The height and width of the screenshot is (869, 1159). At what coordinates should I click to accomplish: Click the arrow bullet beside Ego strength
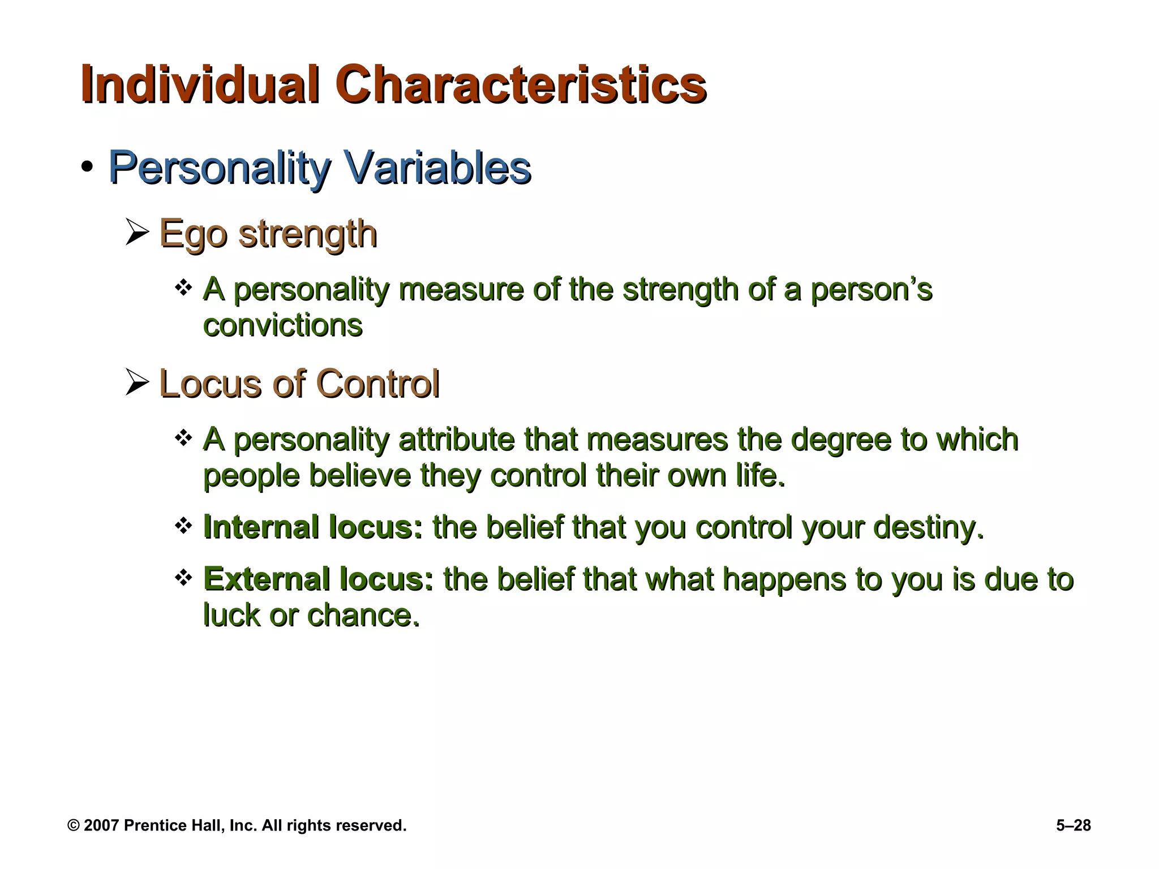pos(138,233)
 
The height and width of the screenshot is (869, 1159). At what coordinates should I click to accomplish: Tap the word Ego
pos(192,234)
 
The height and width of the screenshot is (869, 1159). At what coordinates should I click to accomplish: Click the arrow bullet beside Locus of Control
pos(138,383)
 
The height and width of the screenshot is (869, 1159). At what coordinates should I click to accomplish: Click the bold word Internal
pos(260,527)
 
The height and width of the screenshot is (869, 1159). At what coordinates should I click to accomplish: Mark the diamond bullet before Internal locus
pos(183,526)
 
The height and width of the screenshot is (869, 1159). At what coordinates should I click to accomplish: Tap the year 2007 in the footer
pos(101,825)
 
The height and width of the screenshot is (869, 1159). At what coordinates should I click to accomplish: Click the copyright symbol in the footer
pos(73,825)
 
